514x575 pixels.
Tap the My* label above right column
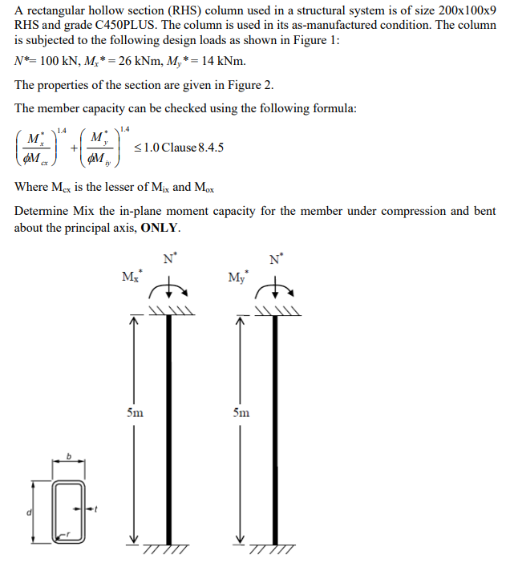[x=237, y=277]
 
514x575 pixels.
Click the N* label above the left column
[x=168, y=259]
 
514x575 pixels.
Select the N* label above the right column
[x=276, y=259]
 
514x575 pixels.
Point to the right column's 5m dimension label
[x=241, y=413]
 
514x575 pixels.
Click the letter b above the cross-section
[x=69, y=457]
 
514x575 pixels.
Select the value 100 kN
[x=61, y=62]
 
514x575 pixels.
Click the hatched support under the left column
[x=168, y=549]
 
